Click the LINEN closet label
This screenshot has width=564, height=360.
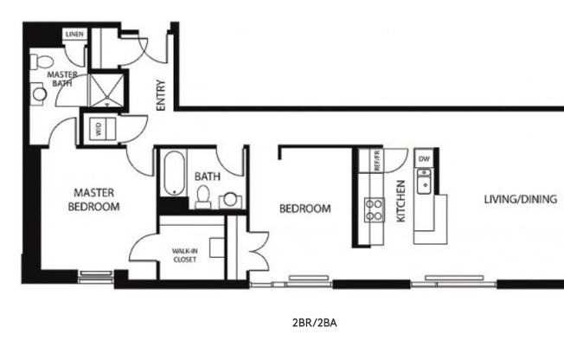click(74, 34)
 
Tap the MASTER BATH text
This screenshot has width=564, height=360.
click(62, 80)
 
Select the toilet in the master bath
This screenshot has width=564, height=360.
click(41, 63)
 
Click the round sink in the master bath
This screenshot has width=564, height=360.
click(39, 93)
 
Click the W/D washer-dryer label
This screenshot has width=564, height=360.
click(97, 130)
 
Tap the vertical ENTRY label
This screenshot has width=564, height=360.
click(161, 95)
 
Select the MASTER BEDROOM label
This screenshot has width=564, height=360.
click(95, 199)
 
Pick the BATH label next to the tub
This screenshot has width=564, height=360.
click(208, 176)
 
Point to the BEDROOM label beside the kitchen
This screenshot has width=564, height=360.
click(304, 209)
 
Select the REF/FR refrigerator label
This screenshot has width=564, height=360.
click(378, 160)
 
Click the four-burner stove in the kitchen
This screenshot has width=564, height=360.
click(375, 209)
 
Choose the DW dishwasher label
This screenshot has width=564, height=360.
click(424, 159)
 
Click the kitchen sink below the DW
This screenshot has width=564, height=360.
click(425, 182)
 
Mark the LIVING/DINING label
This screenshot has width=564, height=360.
click(519, 200)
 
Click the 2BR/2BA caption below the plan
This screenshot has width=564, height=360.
click(314, 323)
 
